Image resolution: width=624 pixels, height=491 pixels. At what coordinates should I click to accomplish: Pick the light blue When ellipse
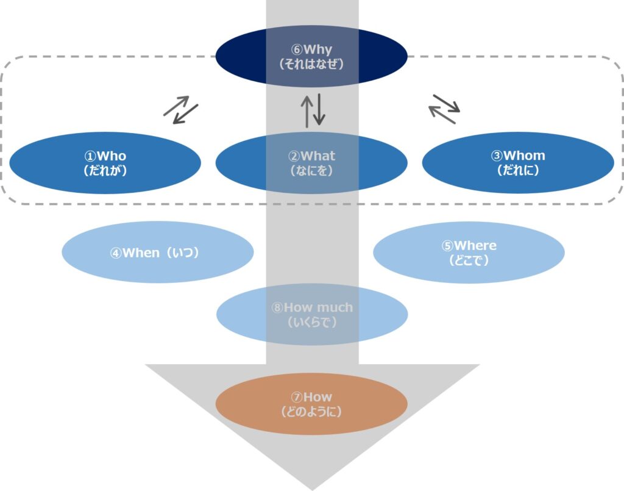tap(157, 253)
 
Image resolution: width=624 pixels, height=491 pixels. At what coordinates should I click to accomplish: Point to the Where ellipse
tap(469, 253)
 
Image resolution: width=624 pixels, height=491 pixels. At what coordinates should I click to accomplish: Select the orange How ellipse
tap(311, 404)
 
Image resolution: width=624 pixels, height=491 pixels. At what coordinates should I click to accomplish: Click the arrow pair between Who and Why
tap(181, 110)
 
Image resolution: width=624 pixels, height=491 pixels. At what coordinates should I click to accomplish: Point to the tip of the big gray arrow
tap(312, 487)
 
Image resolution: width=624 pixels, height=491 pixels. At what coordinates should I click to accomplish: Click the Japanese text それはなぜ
tap(311, 63)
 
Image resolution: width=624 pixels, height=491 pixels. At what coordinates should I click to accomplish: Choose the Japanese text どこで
tap(469, 261)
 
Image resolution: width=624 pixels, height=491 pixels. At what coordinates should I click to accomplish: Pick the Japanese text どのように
tap(311, 412)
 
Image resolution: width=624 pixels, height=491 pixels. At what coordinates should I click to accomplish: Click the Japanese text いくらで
tap(312, 323)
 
